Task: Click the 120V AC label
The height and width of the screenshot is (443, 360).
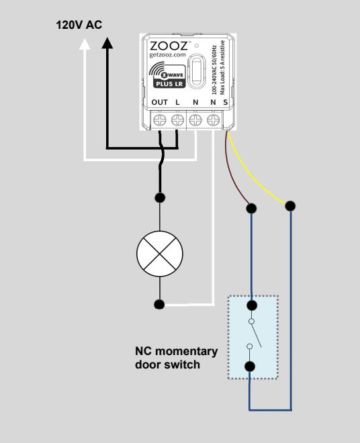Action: (79, 25)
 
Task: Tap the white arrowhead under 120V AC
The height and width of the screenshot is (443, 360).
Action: (85, 44)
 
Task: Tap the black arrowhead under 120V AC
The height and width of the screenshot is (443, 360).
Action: (107, 43)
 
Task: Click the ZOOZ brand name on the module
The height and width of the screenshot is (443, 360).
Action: (169, 46)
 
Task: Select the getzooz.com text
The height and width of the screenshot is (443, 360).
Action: (168, 55)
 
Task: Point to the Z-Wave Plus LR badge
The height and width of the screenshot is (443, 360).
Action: (167, 75)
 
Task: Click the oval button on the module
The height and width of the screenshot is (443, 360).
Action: (197, 71)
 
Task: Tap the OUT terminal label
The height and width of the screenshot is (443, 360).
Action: (159, 102)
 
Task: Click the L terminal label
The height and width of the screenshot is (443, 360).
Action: (177, 102)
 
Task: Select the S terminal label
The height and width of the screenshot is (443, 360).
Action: (225, 102)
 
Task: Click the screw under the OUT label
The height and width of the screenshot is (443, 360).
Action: (159, 120)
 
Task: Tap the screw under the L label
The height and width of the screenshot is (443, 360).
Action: (177, 120)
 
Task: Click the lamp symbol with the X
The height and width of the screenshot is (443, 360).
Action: (160, 254)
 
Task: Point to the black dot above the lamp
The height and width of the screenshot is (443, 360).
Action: (160, 197)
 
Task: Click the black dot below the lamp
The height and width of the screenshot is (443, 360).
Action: (159, 304)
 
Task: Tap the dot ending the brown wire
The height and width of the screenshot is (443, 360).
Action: (251, 209)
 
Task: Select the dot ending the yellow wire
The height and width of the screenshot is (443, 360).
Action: (290, 206)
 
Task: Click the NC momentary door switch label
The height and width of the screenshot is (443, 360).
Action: (176, 358)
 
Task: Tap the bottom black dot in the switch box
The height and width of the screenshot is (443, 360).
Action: (250, 366)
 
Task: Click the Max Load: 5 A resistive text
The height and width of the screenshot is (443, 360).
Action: (222, 68)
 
